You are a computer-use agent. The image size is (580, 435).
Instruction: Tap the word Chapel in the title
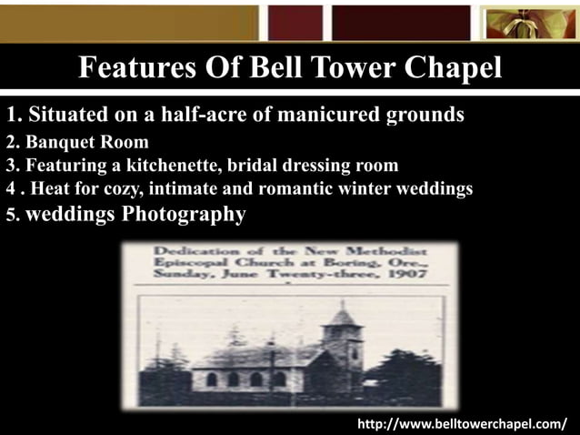[453, 68]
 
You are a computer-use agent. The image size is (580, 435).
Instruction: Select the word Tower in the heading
[347, 68]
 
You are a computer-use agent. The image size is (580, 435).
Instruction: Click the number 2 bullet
[11, 143]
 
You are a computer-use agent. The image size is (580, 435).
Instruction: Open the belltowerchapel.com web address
[461, 423]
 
